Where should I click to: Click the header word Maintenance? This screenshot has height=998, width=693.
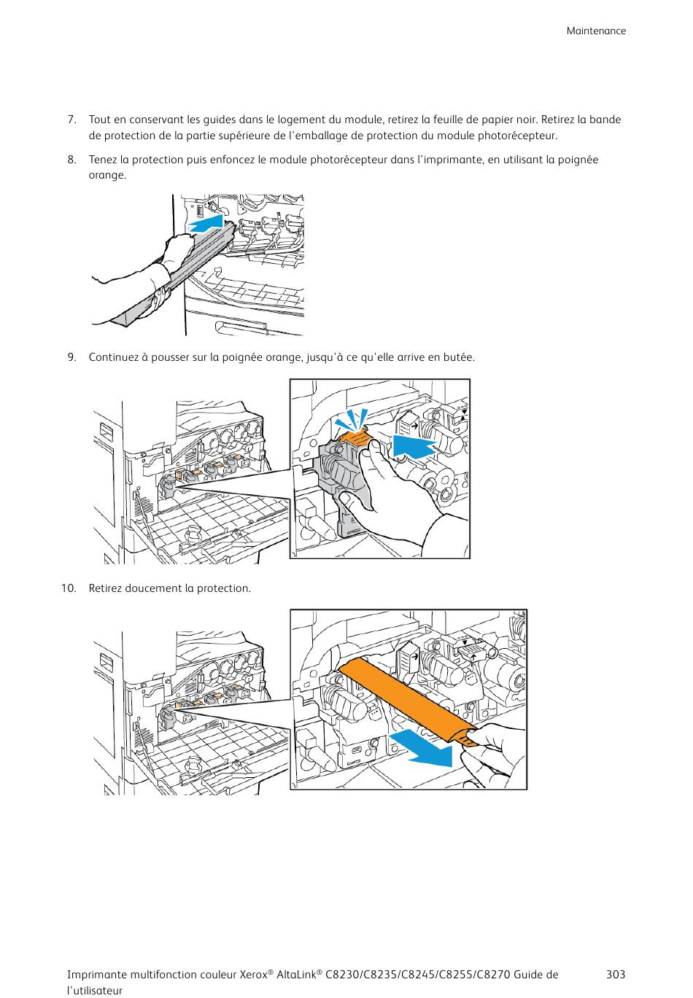596,31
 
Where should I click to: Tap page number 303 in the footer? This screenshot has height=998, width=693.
615,975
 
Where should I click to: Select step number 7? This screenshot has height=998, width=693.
72,120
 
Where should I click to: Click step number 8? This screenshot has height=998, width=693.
72,160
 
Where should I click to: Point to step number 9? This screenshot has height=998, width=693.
72,357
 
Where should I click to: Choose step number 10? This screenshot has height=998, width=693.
69,588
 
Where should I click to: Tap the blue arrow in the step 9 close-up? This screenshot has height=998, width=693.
413,445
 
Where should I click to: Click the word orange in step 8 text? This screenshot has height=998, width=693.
107,176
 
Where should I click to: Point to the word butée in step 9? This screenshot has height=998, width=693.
460,357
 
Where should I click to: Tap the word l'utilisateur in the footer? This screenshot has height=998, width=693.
95,991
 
